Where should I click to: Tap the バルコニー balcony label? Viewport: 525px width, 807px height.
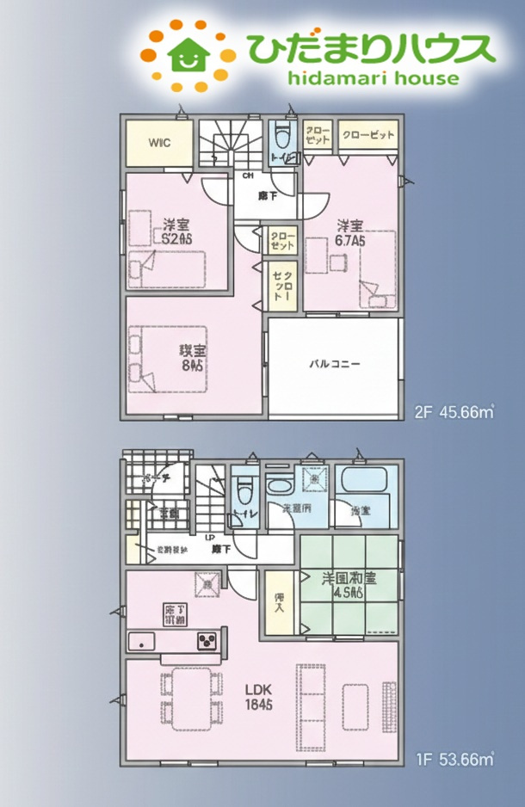335,364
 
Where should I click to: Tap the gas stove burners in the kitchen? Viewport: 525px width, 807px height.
210,640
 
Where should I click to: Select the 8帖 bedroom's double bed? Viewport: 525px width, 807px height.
168,356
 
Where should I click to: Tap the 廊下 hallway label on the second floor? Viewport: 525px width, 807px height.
267,196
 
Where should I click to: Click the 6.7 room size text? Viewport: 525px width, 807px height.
350,242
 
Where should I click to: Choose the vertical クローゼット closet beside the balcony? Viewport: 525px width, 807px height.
281,286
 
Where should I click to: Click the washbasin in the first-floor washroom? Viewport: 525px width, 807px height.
314,478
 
